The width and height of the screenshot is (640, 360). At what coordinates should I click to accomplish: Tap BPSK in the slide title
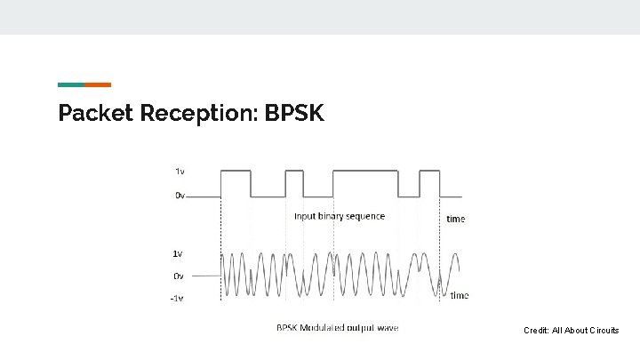(x=296, y=114)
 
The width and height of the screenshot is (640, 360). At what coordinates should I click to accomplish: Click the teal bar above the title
(x=71, y=84)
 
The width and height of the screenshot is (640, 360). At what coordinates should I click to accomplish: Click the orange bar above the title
(x=98, y=84)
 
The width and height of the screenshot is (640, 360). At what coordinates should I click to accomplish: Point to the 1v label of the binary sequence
(x=180, y=170)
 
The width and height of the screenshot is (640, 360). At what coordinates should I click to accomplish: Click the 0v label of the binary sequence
(x=180, y=196)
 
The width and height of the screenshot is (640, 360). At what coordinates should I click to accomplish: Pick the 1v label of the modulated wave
(x=178, y=253)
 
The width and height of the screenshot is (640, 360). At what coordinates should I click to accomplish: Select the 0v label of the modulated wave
(x=178, y=276)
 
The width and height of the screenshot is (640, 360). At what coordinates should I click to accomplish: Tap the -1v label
(x=176, y=299)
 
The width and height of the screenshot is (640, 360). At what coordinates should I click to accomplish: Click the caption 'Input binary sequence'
(x=340, y=216)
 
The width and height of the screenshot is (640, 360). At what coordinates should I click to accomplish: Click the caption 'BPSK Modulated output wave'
(x=337, y=328)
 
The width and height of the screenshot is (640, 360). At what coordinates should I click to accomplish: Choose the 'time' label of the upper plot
(x=455, y=219)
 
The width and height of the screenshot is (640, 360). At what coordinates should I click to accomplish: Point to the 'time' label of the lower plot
(x=460, y=295)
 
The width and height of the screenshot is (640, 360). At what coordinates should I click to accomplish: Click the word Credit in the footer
(x=536, y=331)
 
